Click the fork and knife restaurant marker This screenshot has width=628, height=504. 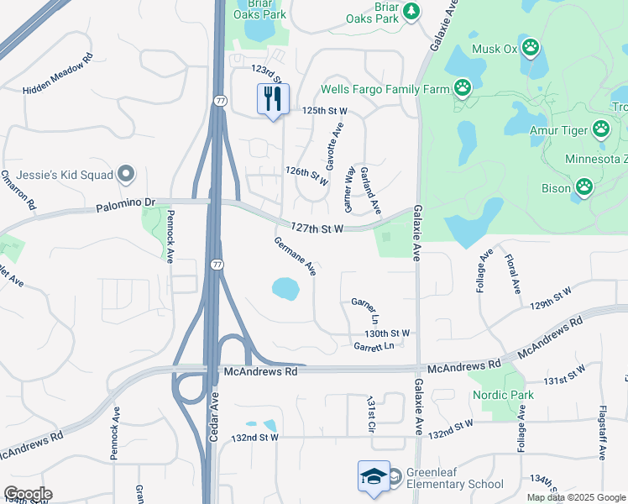(273, 99)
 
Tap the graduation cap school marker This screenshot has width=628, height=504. (374, 477)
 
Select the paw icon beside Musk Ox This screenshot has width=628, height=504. (530, 47)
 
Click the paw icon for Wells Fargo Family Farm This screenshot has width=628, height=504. (462, 87)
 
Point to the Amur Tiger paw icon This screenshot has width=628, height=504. (601, 129)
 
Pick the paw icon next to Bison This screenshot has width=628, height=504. (584, 186)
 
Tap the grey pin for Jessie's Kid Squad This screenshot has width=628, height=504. (127, 175)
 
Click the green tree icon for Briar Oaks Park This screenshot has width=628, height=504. (411, 10)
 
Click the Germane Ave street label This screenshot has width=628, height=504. (295, 256)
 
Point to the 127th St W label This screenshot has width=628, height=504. (317, 228)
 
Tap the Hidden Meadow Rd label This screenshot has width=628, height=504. (57, 76)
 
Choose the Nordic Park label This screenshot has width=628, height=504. (504, 395)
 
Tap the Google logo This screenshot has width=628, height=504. (28, 494)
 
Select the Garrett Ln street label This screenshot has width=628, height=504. (374, 346)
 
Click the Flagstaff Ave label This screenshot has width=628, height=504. (603, 432)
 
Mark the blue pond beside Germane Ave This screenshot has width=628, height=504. (285, 290)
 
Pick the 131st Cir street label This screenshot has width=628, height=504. (369, 415)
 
